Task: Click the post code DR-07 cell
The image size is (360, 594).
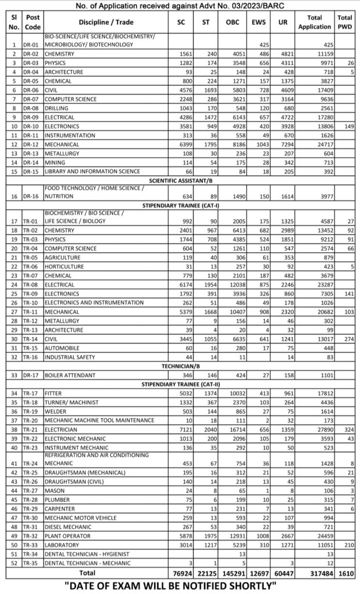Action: tap(32, 99)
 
